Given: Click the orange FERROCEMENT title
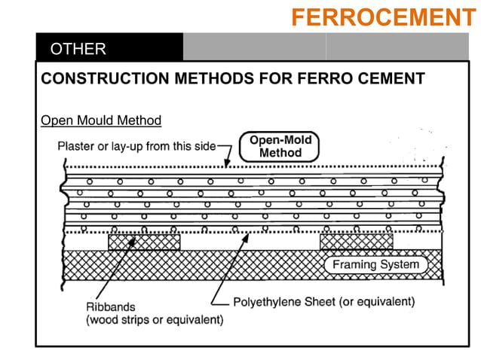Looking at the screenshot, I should coord(384,17).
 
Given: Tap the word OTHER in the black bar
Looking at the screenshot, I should coord(78,50).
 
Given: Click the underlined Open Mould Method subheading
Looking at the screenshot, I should coord(100,121).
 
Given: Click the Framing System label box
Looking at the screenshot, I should coord(375,265).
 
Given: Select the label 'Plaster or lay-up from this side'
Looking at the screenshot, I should coord(136,145).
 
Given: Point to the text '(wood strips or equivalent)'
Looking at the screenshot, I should coord(155,320).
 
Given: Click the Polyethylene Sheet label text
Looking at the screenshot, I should coord(323,302).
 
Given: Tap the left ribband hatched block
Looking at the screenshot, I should coord(144,242).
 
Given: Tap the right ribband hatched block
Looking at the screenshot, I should coord(356,242).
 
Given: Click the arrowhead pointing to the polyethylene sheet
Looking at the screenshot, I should coord(244,234).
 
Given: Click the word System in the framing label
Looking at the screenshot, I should coord(400,265).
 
